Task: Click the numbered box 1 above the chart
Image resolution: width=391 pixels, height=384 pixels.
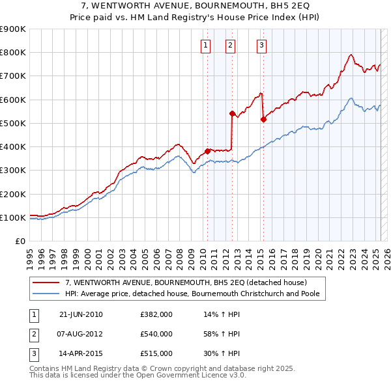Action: (x=205, y=46)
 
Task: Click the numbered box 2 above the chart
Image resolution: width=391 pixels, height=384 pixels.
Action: (x=231, y=46)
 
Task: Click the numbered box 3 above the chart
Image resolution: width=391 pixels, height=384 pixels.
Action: (x=261, y=46)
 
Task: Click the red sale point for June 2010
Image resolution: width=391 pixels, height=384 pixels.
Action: (x=208, y=151)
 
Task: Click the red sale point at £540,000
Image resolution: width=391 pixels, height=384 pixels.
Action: (x=232, y=113)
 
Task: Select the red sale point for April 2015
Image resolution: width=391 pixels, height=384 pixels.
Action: (x=263, y=119)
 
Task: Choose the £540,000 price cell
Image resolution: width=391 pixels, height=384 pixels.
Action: (x=156, y=334)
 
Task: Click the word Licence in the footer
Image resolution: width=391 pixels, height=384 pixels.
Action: (x=208, y=376)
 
